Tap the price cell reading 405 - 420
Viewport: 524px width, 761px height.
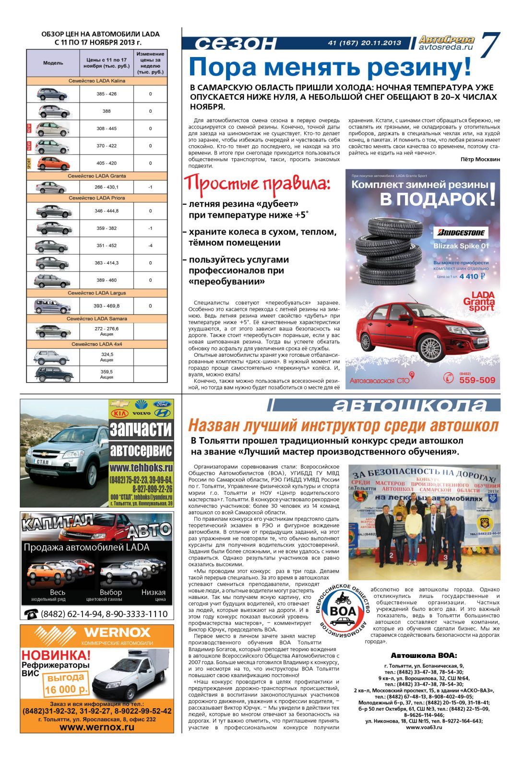click(x=107, y=163)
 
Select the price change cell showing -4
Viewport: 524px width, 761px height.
click(x=150, y=246)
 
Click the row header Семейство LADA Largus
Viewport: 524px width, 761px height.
click(x=97, y=293)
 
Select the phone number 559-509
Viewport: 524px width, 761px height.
click(x=477, y=380)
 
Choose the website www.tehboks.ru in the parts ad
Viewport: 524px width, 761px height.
click(x=141, y=467)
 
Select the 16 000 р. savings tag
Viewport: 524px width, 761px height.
click(x=66, y=685)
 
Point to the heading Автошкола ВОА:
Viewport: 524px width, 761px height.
click(x=424, y=655)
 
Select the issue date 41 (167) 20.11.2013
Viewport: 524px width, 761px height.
click(x=364, y=43)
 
